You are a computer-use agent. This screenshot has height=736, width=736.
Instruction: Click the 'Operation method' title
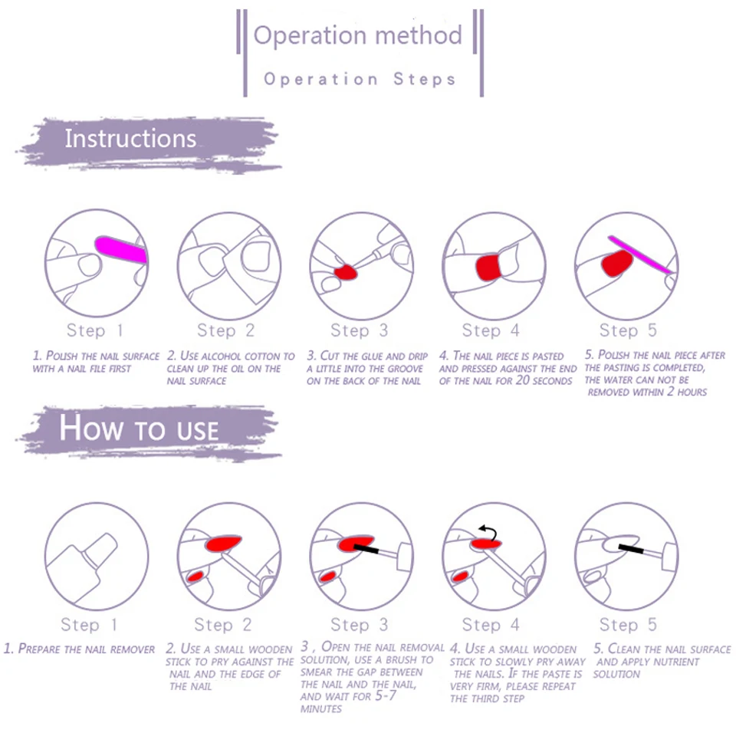coord(358,35)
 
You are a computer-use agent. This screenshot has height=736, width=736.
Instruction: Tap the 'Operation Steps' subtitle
coord(360,79)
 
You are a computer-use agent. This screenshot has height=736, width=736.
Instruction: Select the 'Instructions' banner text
coord(130,139)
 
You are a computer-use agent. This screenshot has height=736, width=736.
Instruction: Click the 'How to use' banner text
coord(139,429)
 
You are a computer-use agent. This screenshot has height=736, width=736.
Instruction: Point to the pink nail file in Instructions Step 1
coord(121,251)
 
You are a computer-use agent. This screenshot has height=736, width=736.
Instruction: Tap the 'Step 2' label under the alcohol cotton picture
coord(225,330)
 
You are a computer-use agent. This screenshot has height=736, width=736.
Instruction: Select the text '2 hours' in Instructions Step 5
coord(687,392)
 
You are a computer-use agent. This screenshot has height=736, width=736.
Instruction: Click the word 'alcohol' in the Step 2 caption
coord(227,356)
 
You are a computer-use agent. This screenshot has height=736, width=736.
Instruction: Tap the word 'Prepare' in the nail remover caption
coord(38,649)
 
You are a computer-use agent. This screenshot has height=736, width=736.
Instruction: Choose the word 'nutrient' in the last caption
coord(675,662)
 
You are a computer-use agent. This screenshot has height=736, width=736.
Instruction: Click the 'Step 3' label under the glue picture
coord(360,330)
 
